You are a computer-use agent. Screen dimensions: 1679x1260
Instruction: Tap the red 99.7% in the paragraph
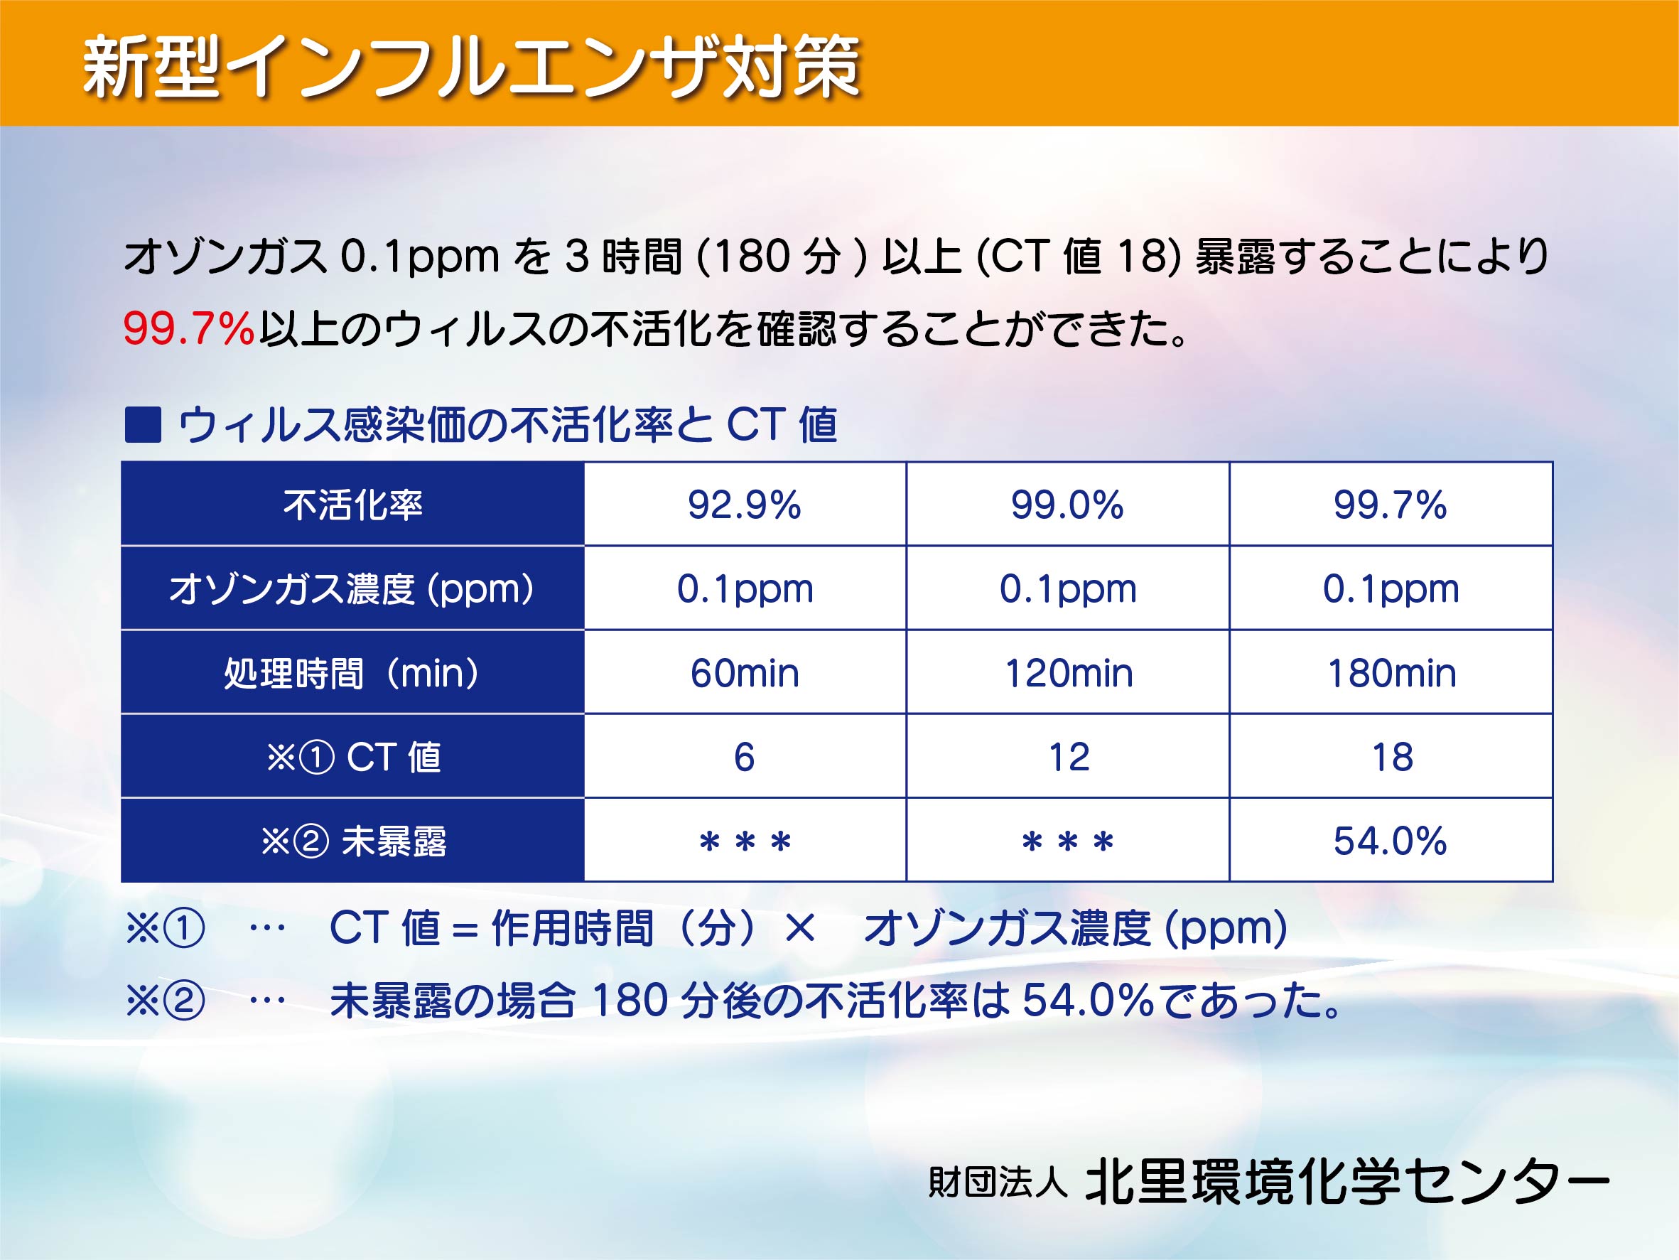tap(188, 328)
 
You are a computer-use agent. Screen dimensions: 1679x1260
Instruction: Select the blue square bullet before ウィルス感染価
tap(143, 424)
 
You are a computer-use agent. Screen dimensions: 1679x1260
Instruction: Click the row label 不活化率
tap(353, 505)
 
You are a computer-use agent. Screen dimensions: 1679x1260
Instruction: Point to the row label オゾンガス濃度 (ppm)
tap(352, 589)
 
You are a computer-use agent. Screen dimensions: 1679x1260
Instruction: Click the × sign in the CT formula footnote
tap(800, 928)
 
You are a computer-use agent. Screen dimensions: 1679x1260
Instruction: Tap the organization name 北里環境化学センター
tap(1347, 1183)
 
